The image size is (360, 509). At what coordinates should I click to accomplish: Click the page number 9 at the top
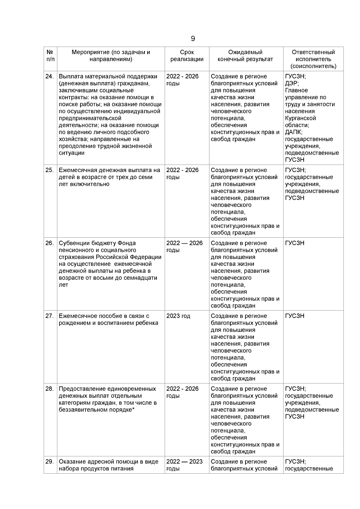(x=193, y=39)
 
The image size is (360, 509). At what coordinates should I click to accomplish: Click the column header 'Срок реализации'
(x=187, y=56)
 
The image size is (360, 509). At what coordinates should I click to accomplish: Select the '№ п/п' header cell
(x=50, y=56)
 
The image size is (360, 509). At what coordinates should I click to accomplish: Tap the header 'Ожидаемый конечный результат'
(x=245, y=56)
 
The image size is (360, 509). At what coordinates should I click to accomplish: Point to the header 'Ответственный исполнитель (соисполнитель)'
(x=313, y=59)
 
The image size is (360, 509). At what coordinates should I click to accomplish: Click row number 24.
(x=49, y=76)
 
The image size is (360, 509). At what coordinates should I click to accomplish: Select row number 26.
(x=49, y=243)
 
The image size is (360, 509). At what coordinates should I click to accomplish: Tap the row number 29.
(x=49, y=462)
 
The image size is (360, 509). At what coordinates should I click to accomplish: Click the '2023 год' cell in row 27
(x=178, y=316)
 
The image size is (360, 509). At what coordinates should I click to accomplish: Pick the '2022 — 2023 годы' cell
(x=184, y=465)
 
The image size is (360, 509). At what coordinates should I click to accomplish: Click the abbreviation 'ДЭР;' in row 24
(x=292, y=83)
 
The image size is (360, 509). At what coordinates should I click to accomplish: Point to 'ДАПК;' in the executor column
(x=294, y=132)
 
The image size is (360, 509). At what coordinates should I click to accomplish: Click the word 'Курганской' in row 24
(x=300, y=118)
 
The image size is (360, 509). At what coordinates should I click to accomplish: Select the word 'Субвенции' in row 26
(x=72, y=243)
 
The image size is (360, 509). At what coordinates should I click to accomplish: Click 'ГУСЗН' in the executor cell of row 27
(x=295, y=316)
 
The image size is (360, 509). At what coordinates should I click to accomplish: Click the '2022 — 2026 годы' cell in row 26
(x=184, y=246)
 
